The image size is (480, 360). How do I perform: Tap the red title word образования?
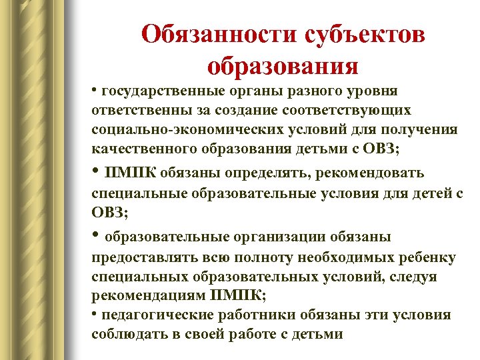(x=283, y=67)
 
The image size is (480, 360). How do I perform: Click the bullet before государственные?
(x=95, y=89)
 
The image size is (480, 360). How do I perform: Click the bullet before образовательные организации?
(x=96, y=235)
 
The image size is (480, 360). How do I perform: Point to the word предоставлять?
(x=136, y=258)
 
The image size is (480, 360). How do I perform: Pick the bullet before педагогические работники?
(x=95, y=313)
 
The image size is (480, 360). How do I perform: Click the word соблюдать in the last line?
(x=126, y=334)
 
